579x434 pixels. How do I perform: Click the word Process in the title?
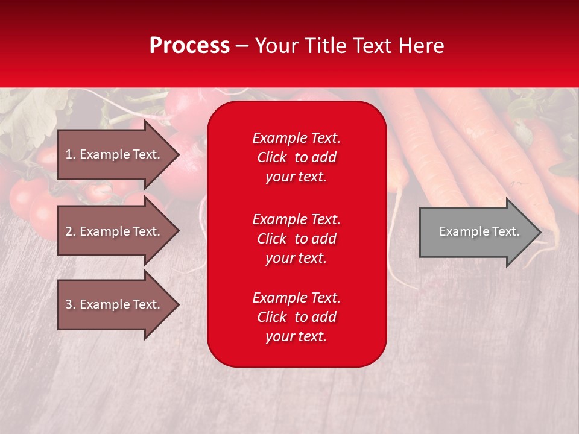coord(189,46)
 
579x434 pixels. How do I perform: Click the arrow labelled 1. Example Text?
coord(118,154)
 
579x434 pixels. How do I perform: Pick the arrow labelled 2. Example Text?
coord(118,231)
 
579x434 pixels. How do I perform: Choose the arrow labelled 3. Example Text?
coord(118,304)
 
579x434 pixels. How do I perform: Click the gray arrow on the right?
coord(481,232)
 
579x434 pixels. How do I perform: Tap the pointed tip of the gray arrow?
coord(542,232)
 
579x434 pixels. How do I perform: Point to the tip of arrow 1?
coord(179,154)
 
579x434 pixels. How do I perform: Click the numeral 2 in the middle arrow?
coord(69,231)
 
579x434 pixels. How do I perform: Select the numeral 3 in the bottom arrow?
coord(69,304)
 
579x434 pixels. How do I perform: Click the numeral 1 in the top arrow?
coord(69,154)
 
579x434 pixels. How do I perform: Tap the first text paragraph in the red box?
coord(297,157)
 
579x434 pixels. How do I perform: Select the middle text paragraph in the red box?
coord(297,239)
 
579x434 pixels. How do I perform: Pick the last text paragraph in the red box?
coord(297,316)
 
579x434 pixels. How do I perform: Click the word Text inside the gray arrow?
coord(506,231)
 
